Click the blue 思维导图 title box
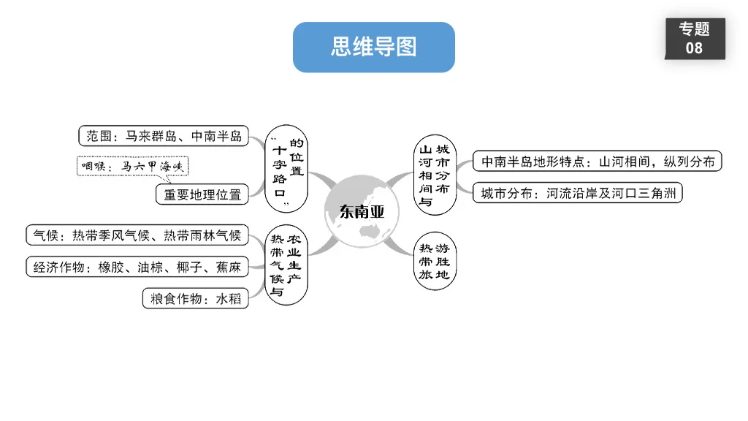pos(373,48)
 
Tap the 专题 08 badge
pos(694,39)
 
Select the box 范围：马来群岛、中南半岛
pos(164,136)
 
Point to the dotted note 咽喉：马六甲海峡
pos(132,167)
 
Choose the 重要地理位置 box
pos(202,194)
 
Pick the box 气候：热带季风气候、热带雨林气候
pos(137,235)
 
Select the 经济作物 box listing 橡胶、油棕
pos(137,267)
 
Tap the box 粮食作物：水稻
pos(195,299)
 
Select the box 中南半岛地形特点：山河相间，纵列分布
pos(597,162)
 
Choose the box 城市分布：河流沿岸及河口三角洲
pos(577,194)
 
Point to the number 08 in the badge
pos(694,48)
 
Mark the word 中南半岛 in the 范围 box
pos(216,136)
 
